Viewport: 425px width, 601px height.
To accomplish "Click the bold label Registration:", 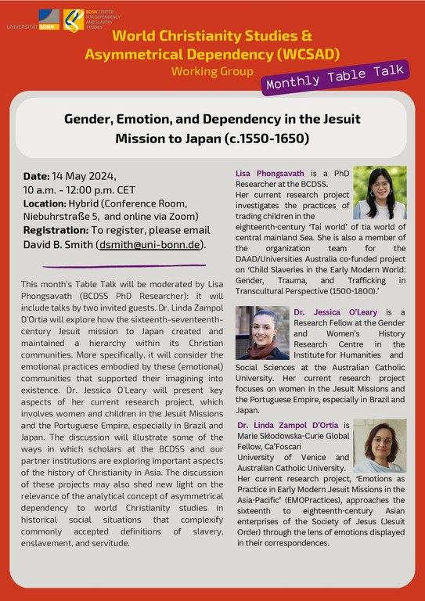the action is [59, 231].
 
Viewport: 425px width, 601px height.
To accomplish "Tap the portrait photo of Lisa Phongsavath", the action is [379, 193].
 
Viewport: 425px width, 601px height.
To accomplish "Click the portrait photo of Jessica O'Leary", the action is [262, 333].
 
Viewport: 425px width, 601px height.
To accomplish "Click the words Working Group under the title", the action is [212, 71].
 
